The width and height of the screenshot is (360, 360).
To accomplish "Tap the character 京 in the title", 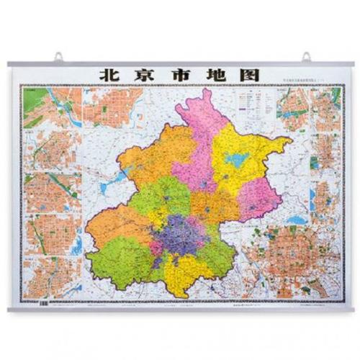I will coord(143,76).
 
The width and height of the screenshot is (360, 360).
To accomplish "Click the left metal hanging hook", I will coord(56,56).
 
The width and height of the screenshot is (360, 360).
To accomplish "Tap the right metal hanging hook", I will coord(307,56).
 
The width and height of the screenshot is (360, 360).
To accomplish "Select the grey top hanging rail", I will coord(180,64).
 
